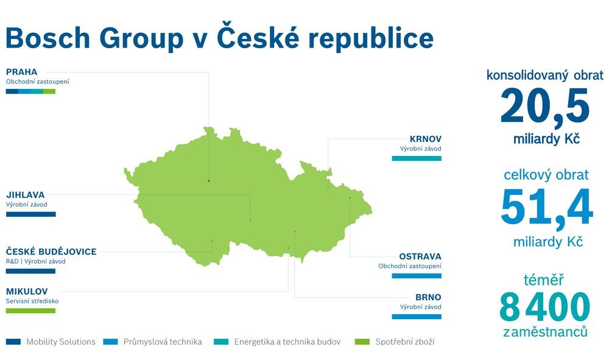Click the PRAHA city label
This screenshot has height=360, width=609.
[x=22, y=72]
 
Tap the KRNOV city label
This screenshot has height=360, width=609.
[x=426, y=139]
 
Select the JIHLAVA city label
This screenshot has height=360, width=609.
[x=25, y=195]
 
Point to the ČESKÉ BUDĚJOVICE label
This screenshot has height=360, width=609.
[x=51, y=251]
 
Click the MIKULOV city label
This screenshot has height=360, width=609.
[x=27, y=291]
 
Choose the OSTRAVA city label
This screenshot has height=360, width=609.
[x=420, y=256]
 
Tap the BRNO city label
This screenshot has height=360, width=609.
[x=428, y=297]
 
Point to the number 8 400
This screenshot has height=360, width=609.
[x=544, y=307]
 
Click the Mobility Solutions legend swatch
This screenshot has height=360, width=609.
[x=13, y=342]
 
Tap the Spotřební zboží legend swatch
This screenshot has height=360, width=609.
[x=362, y=342]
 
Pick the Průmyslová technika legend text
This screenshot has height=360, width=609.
[x=163, y=342]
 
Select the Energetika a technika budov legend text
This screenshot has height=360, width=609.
[x=287, y=342]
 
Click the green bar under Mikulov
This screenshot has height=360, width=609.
[x=30, y=311]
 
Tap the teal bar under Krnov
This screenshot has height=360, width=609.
[x=417, y=158]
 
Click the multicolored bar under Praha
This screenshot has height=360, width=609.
[x=30, y=91]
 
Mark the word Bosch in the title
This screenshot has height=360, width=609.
[x=48, y=38]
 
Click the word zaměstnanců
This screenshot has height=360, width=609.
[x=545, y=332]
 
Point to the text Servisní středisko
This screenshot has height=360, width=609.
[x=32, y=301]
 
